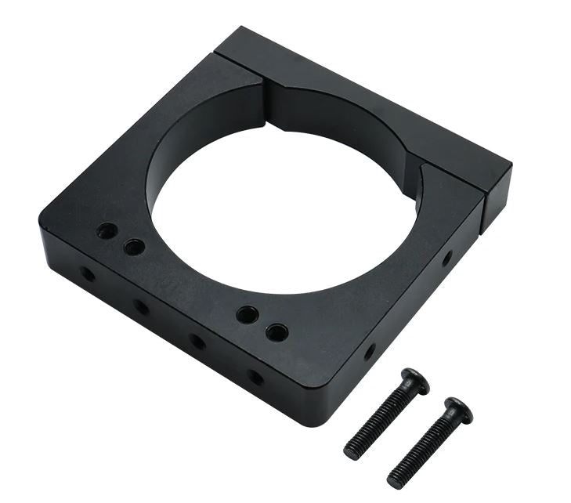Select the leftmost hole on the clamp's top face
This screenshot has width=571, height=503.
tap(107, 231)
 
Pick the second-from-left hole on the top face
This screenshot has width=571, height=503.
tap(134, 248)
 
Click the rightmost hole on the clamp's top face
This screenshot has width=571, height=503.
tap(276, 332)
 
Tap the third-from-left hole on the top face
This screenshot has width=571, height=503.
tap(248, 315)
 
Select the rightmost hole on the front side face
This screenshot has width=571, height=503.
tap(255, 377)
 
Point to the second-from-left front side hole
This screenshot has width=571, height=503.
tap(141, 306)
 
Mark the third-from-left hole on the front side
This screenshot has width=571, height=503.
tap(197, 342)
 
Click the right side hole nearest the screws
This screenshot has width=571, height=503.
tap(370, 352)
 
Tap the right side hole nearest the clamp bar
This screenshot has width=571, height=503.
tap(446, 257)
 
